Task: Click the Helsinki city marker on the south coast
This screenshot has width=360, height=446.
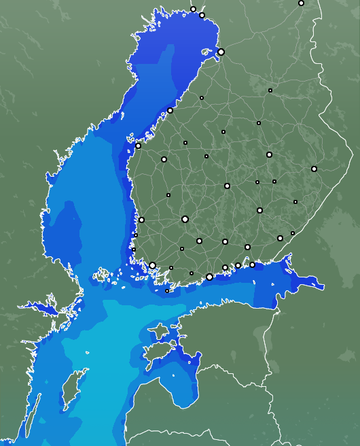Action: [209, 277]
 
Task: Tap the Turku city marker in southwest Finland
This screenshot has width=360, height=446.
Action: [153, 265]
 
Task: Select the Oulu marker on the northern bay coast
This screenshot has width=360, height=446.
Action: [221, 52]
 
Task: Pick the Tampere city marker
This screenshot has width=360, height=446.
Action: [185, 219]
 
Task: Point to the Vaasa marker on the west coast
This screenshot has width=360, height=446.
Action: [139, 145]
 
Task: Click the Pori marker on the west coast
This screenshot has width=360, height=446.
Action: [141, 220]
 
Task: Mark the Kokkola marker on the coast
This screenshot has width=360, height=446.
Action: [170, 110]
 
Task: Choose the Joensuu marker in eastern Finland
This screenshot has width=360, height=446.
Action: [314, 169]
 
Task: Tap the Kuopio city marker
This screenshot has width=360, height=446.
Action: [269, 155]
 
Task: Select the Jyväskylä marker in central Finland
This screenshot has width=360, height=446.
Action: [227, 186]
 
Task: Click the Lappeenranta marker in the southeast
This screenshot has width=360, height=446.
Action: [280, 238]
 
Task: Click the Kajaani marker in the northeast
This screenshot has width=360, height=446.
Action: [270, 90]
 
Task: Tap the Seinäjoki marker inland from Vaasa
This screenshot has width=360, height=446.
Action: [164, 159]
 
